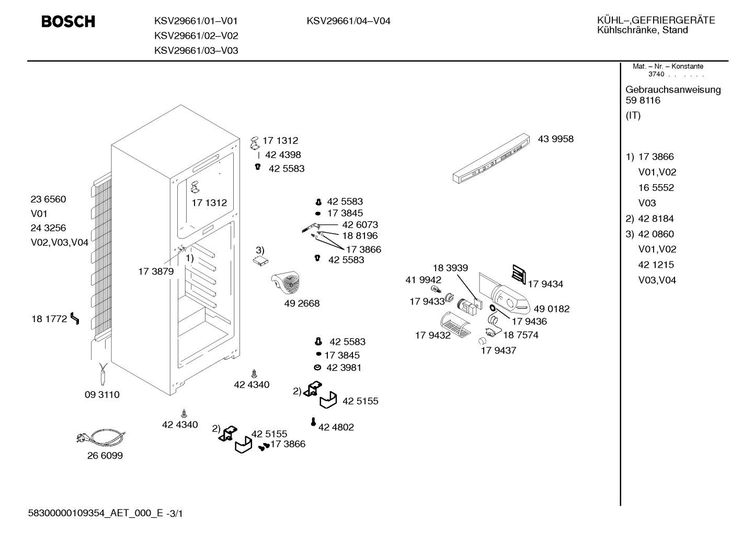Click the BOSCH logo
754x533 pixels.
point(68,21)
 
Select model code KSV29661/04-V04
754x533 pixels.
point(348,21)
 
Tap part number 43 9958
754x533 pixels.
point(555,139)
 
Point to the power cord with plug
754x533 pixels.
point(101,438)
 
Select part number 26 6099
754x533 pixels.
point(105,456)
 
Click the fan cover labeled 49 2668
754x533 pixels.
point(286,282)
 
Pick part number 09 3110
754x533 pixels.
point(102,394)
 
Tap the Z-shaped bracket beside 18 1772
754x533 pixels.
point(75,318)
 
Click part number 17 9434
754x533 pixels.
point(545,284)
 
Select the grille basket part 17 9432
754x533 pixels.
point(455,324)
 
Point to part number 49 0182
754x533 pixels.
point(552,309)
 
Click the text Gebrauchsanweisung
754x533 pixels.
point(673,90)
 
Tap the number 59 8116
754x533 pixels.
point(643,100)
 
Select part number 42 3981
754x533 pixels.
point(344,367)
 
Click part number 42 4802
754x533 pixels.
point(336,427)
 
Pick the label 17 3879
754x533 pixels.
point(156,271)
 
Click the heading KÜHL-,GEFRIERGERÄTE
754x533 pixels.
point(656,20)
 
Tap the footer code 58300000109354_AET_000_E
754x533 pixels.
point(96,514)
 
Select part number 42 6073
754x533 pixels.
point(360,224)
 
